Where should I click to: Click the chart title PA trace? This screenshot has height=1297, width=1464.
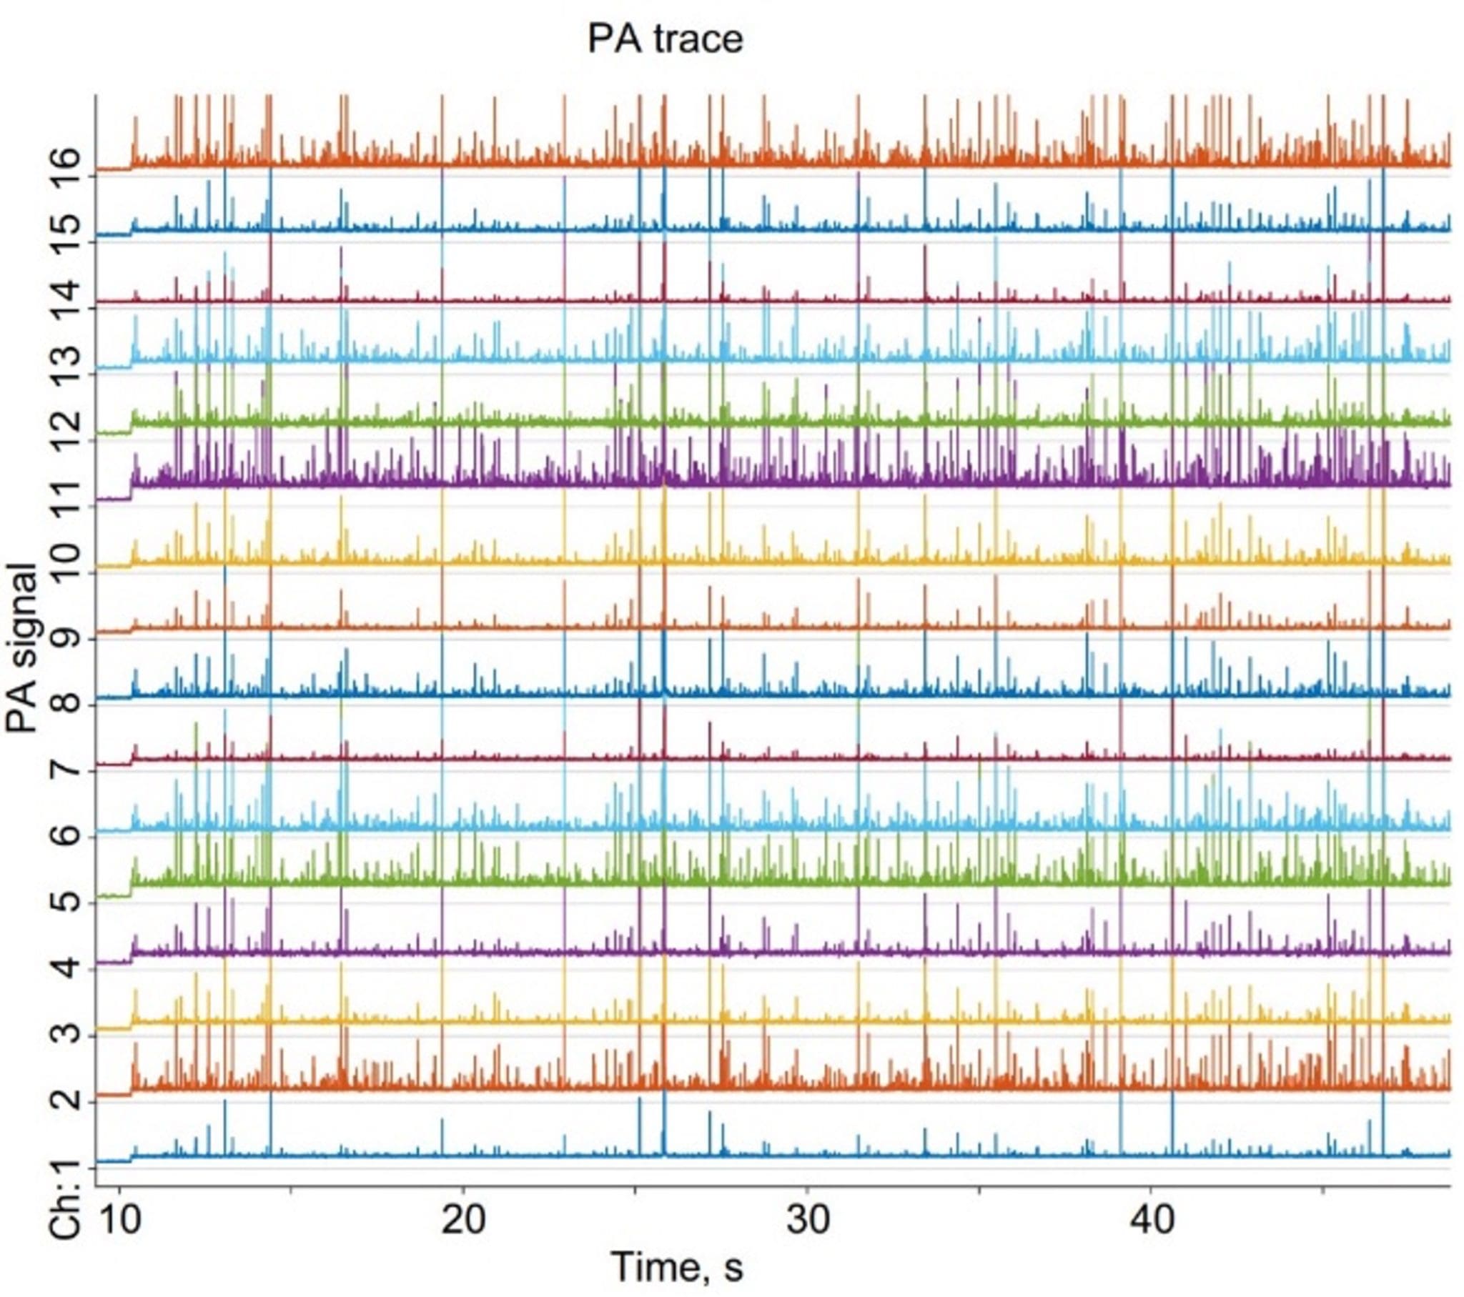665,39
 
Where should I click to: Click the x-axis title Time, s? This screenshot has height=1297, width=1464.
677,1266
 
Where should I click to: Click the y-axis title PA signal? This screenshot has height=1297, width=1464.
21,648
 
